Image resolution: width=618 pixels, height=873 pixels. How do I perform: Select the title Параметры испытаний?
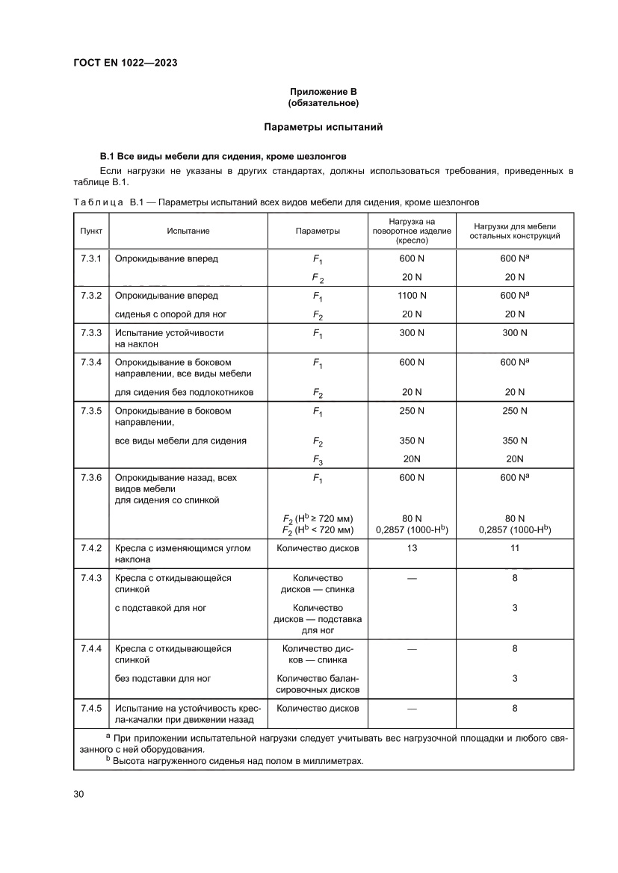coord(323,127)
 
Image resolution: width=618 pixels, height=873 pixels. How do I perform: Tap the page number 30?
coord(78,793)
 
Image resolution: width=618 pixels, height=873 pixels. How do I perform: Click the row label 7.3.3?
coord(91,332)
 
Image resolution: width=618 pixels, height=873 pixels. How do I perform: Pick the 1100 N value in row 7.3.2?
coord(412,295)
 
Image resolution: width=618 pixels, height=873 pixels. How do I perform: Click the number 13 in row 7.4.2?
coord(412,547)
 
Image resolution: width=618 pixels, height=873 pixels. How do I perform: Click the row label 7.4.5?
coord(91,708)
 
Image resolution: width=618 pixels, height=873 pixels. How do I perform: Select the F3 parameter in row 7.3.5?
coord(318,460)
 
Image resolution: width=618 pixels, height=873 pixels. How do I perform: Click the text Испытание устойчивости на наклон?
coord(169,338)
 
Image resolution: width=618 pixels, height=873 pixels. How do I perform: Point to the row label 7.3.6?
coord(91,477)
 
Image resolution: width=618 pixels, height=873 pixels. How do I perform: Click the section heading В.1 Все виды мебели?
coord(223,156)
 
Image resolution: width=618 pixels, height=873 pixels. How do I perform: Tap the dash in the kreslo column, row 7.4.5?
coord(412,708)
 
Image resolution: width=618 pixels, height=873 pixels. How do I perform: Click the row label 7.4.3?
coord(91,578)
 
